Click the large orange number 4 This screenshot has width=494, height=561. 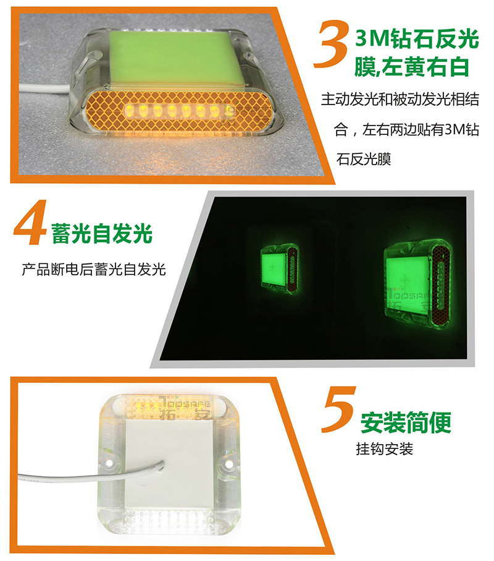click(31, 222)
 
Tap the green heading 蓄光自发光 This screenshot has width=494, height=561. click(102, 233)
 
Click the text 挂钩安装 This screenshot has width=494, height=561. click(384, 448)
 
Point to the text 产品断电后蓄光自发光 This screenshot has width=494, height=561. click(94, 269)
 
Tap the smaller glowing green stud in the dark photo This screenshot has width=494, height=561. click(278, 268)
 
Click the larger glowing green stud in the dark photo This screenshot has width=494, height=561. click(416, 285)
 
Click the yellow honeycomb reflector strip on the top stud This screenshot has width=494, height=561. click(178, 111)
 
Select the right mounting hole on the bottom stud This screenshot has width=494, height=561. click(227, 464)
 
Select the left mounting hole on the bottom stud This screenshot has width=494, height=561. click(109, 463)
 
